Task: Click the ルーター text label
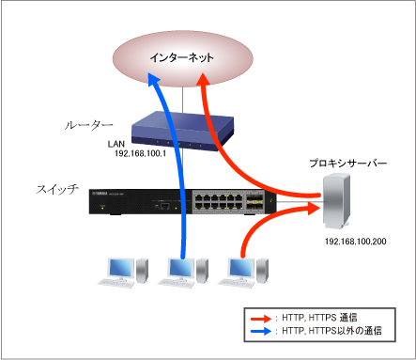[x=89, y=124]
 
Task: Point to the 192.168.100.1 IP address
[x=139, y=151]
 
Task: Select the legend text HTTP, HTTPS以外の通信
[x=333, y=332]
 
